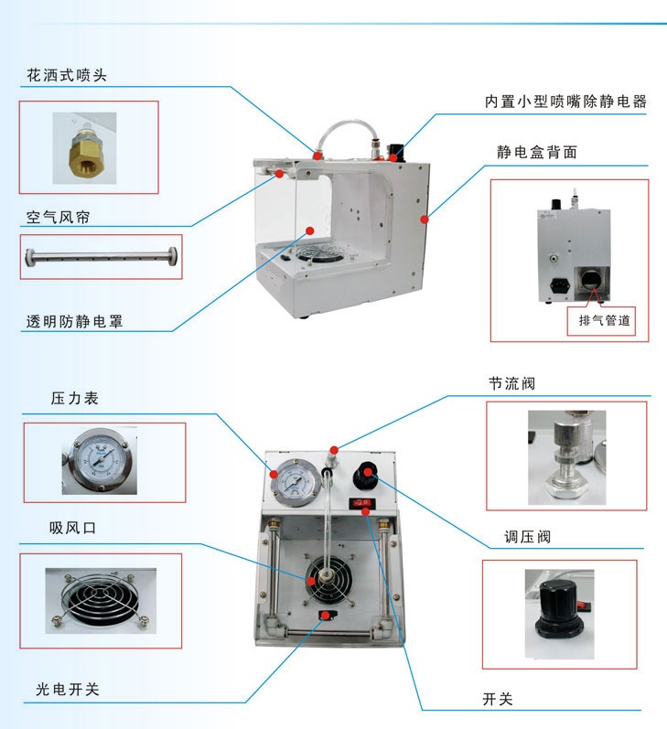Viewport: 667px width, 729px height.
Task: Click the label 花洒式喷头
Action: pyautogui.click(x=67, y=75)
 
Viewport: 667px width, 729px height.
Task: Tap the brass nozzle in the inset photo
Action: pyautogui.click(x=84, y=153)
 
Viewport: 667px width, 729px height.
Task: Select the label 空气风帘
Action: pyautogui.click(x=58, y=217)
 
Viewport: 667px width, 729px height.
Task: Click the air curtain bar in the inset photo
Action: pyautogui.click(x=101, y=257)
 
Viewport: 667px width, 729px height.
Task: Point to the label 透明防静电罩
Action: pyautogui.click(x=74, y=321)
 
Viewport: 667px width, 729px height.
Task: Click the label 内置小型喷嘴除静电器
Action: pyautogui.click(x=565, y=102)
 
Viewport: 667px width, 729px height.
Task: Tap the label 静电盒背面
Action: pyautogui.click(x=537, y=152)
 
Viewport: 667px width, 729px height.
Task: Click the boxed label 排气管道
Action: pyautogui.click(x=604, y=320)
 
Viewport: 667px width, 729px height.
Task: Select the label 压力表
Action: pyautogui.click(x=74, y=399)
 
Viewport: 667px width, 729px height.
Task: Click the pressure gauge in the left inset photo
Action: pyautogui.click(x=100, y=461)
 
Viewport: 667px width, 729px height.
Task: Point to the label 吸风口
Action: pyautogui.click(x=72, y=528)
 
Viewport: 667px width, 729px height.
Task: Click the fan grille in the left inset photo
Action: pyautogui.click(x=101, y=599)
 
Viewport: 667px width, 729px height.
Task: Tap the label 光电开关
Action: pyautogui.click(x=68, y=689)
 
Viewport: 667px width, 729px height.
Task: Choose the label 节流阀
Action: pyautogui.click(x=511, y=383)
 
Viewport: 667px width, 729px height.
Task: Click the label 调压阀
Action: pyautogui.click(x=527, y=537)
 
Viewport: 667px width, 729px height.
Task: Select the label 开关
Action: pyautogui.click(x=498, y=699)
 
